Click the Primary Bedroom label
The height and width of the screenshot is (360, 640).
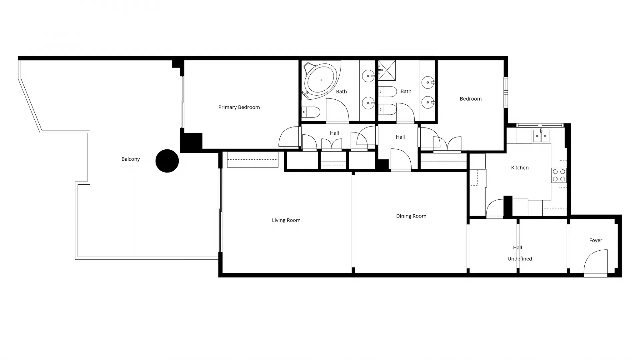pyautogui.click(x=239, y=107)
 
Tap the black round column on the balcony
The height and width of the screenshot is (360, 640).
pyautogui.click(x=167, y=161)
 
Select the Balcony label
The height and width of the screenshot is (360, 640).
pyautogui.click(x=130, y=159)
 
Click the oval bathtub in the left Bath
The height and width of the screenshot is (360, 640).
pyautogui.click(x=321, y=80)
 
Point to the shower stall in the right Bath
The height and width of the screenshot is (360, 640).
pyautogui.click(x=387, y=70)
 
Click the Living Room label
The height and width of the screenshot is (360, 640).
pyautogui.click(x=286, y=220)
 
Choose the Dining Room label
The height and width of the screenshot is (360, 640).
pyautogui.click(x=411, y=216)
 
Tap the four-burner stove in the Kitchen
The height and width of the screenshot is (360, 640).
pyautogui.click(x=559, y=175)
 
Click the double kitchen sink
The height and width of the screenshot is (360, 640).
pyautogui.click(x=541, y=136)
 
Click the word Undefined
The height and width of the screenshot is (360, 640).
pyautogui.click(x=520, y=259)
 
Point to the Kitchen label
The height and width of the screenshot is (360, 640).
pyautogui.click(x=520, y=168)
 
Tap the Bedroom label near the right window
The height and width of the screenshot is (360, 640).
pyautogui.click(x=470, y=99)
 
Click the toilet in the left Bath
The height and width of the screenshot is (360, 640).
pyautogui.click(x=311, y=112)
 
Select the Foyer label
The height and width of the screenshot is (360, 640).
pyautogui.click(x=596, y=240)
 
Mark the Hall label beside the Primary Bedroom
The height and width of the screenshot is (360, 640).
pyautogui.click(x=334, y=133)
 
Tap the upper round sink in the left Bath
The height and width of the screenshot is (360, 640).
pyautogui.click(x=368, y=76)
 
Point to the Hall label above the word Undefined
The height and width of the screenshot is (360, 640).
pyautogui.click(x=517, y=248)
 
